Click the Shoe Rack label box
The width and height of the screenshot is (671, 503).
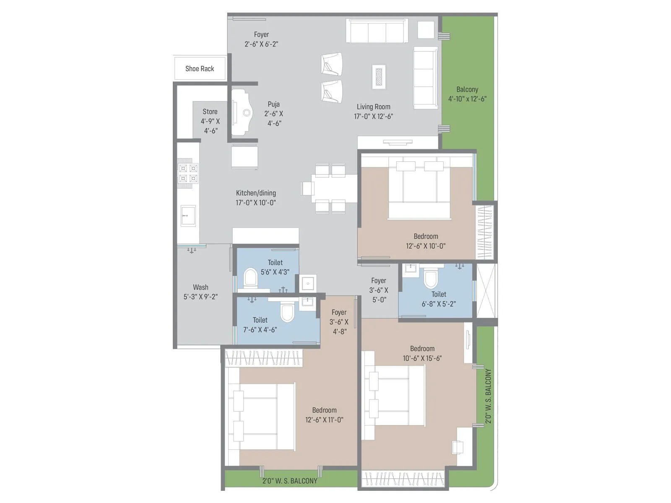[x=200, y=68]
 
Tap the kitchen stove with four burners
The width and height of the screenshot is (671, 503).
[x=187, y=174]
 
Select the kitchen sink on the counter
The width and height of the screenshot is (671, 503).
[x=188, y=215]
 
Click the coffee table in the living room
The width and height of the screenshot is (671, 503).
[x=379, y=77]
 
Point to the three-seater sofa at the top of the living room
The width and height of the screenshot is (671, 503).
[x=377, y=31]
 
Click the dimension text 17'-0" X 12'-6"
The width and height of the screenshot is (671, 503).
[x=373, y=117]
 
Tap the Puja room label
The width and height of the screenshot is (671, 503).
[x=273, y=104]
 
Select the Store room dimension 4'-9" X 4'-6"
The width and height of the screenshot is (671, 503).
[x=210, y=126]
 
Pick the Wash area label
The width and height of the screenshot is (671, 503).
[x=200, y=287]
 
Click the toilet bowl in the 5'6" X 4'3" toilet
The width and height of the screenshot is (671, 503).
[x=250, y=278]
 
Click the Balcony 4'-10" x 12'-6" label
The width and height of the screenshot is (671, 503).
[x=467, y=94]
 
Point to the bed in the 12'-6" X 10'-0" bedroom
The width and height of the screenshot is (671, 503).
[x=419, y=189]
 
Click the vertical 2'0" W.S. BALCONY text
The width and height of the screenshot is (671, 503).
[x=488, y=396]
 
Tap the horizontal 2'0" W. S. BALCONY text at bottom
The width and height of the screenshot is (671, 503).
[x=290, y=481]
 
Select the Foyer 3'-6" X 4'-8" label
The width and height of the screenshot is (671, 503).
[x=339, y=322]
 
